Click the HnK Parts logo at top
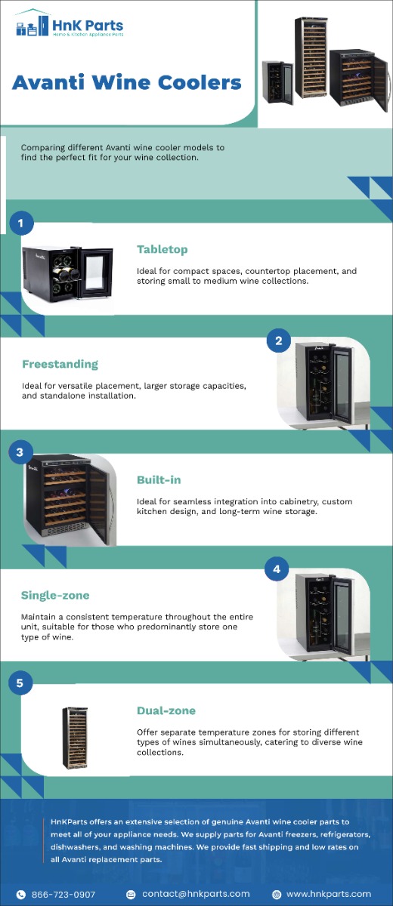(69, 28)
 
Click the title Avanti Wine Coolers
(127, 82)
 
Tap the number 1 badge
(21, 223)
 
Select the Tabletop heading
(162, 250)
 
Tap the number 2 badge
(278, 341)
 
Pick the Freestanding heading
(60, 365)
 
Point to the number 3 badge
(20, 452)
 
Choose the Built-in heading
(159, 480)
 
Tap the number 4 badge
(277, 569)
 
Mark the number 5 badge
(20, 684)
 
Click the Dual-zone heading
(166, 711)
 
